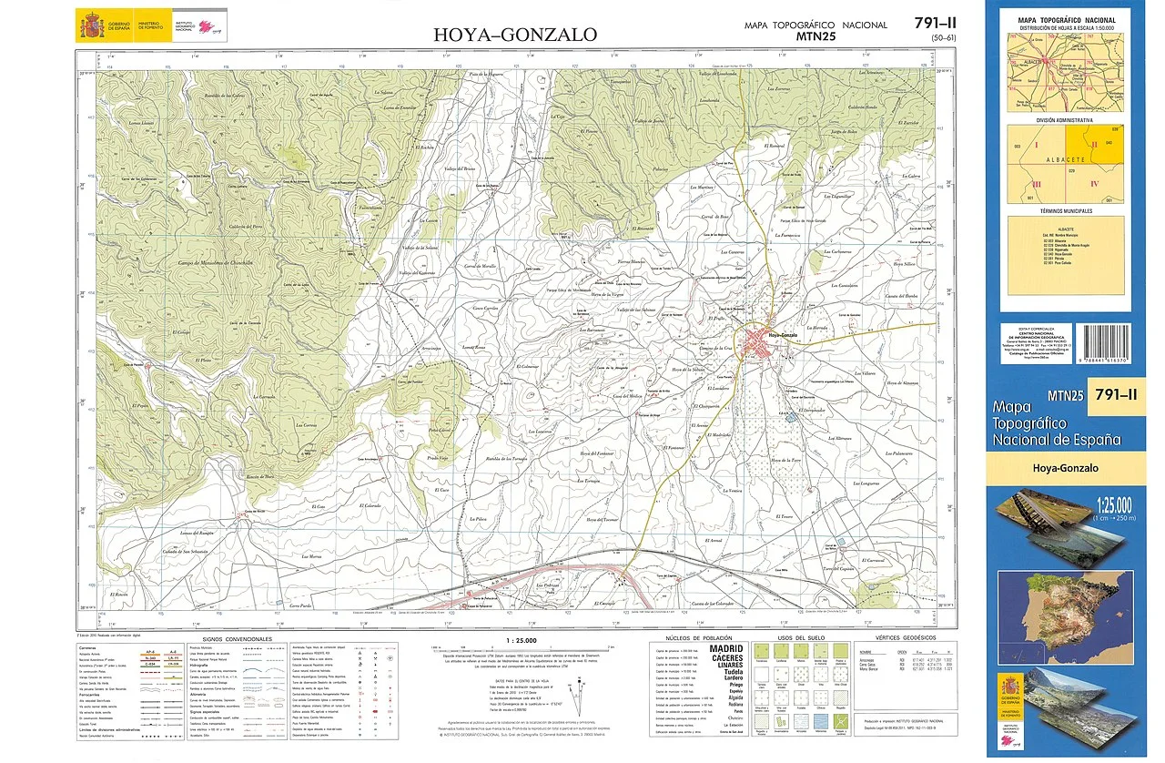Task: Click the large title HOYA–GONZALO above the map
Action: tap(515, 36)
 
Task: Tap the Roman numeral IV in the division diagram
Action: tap(1094, 184)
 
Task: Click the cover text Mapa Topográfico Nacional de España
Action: tap(1056, 423)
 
